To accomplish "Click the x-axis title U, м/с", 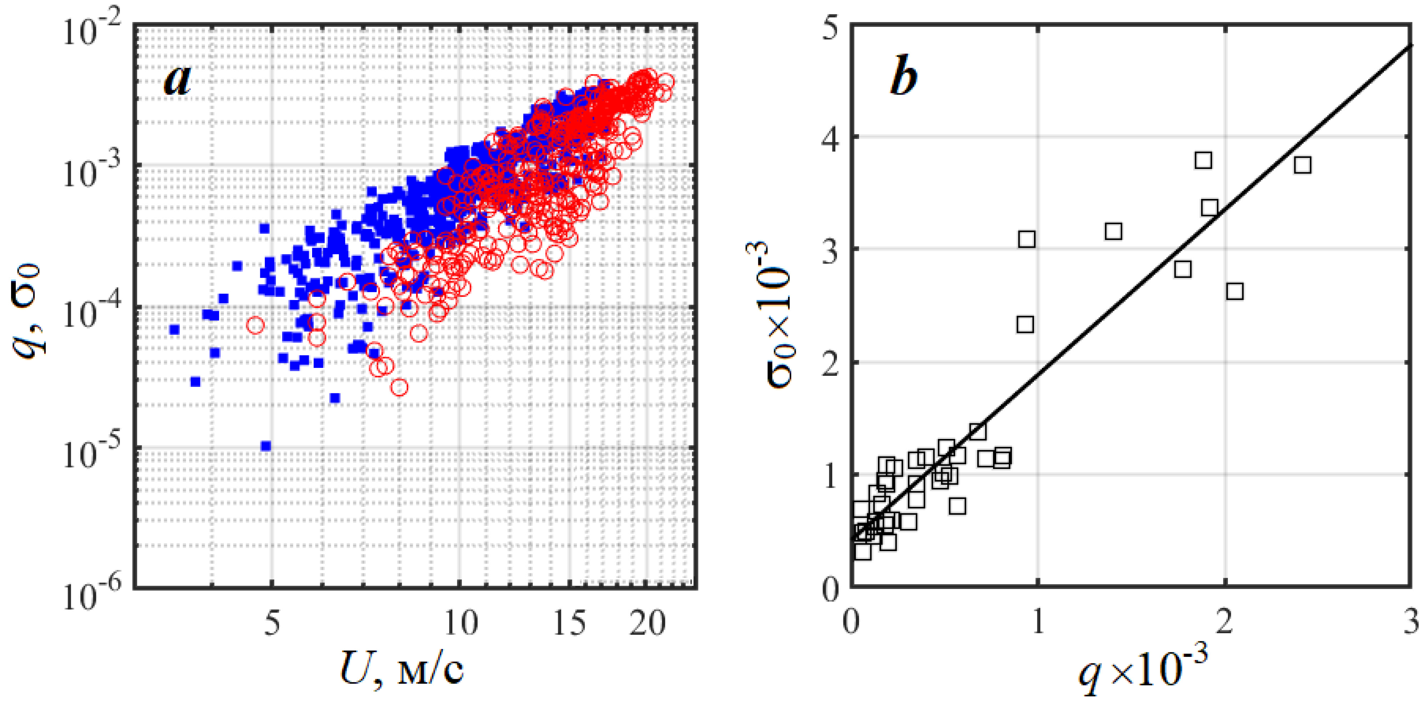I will [402, 669].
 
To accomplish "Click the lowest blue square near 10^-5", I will [266, 445].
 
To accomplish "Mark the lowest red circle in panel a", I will [399, 387].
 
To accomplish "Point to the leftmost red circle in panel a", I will [255, 325].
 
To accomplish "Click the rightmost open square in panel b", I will [1302, 165].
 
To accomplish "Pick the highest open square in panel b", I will [1203, 160].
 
